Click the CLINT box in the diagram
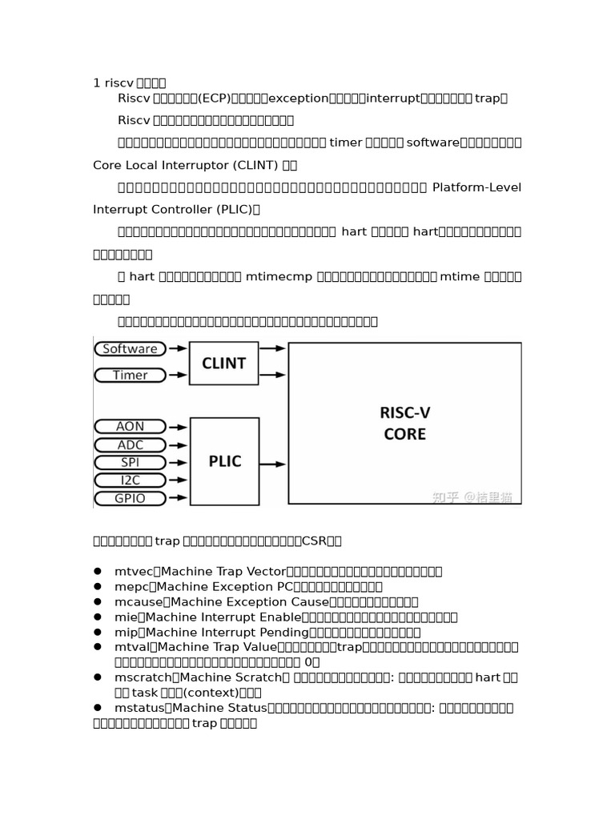[223, 364]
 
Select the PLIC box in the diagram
[223, 461]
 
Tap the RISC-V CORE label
[404, 424]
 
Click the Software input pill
[130, 348]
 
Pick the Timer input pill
[130, 375]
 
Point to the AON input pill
[130, 427]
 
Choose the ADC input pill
[130, 444]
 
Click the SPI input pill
[130, 462]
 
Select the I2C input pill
[130, 480]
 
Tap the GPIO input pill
[130, 498]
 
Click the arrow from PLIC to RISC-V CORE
[273, 464]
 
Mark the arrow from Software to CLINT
[178, 348]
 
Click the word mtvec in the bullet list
[132, 571]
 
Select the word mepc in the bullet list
[131, 586]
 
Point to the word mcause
[137, 601]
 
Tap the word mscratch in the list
[142, 677]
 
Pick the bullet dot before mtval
[97, 646]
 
